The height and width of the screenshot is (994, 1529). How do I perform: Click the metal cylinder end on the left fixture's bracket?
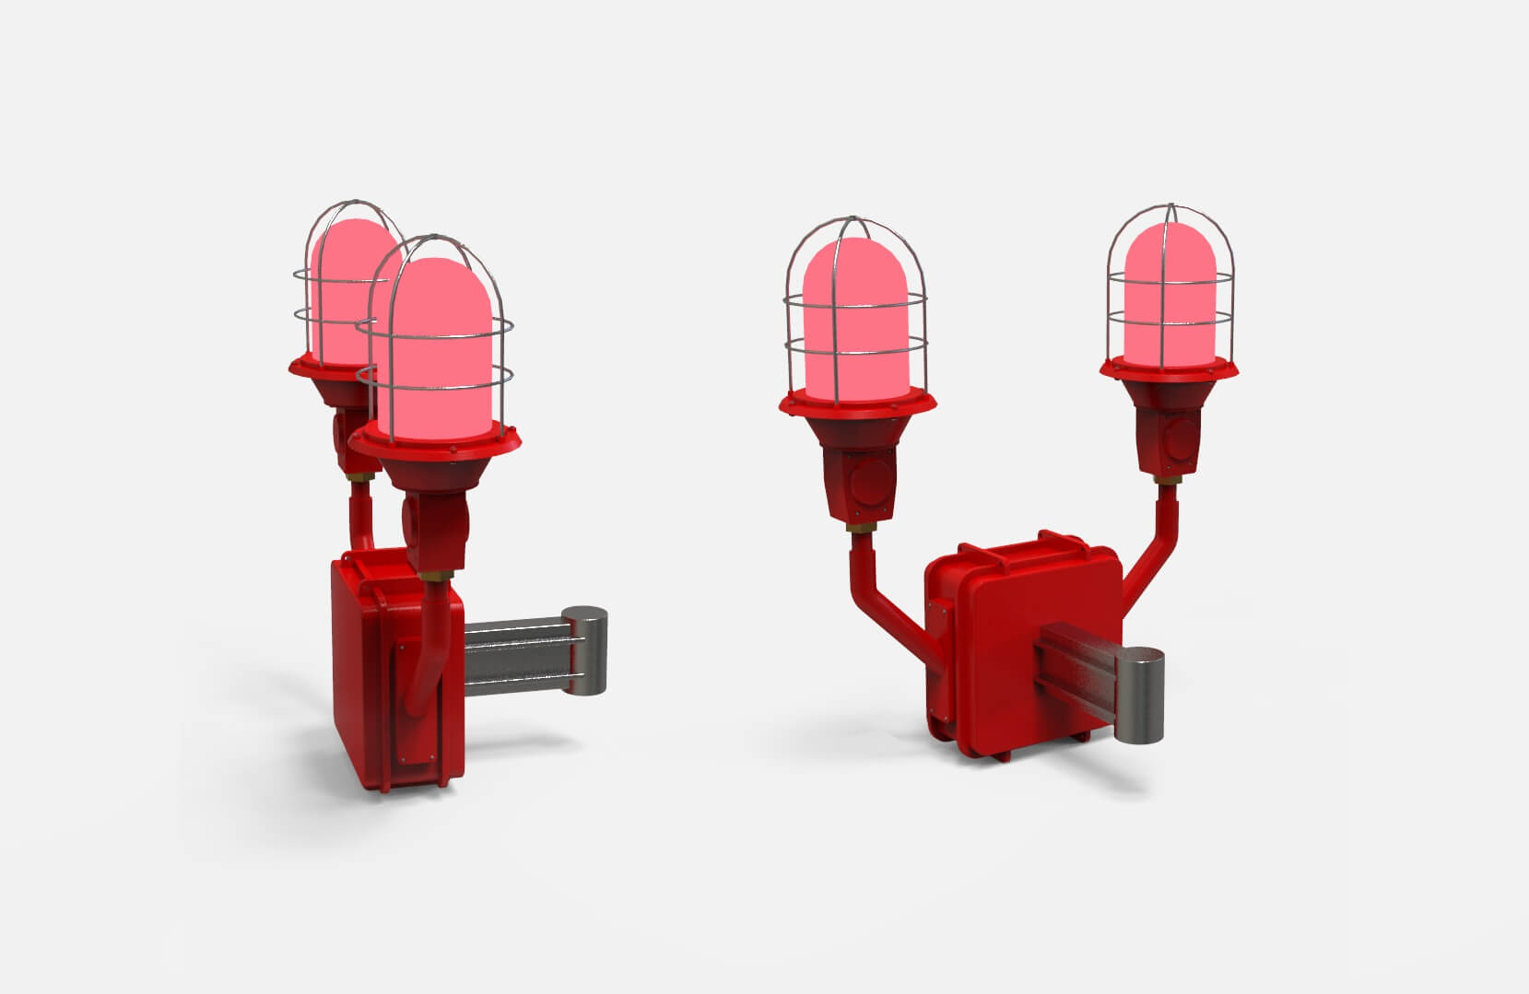pyautogui.click(x=583, y=649)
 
